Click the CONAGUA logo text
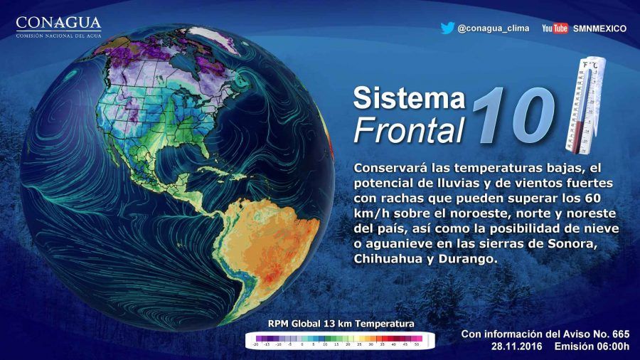(58, 23)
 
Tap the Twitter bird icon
(447, 28)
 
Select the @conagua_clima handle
(492, 28)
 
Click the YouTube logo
(555, 28)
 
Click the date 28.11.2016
(517, 346)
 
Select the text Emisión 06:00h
(592, 346)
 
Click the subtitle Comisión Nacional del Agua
(58, 35)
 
